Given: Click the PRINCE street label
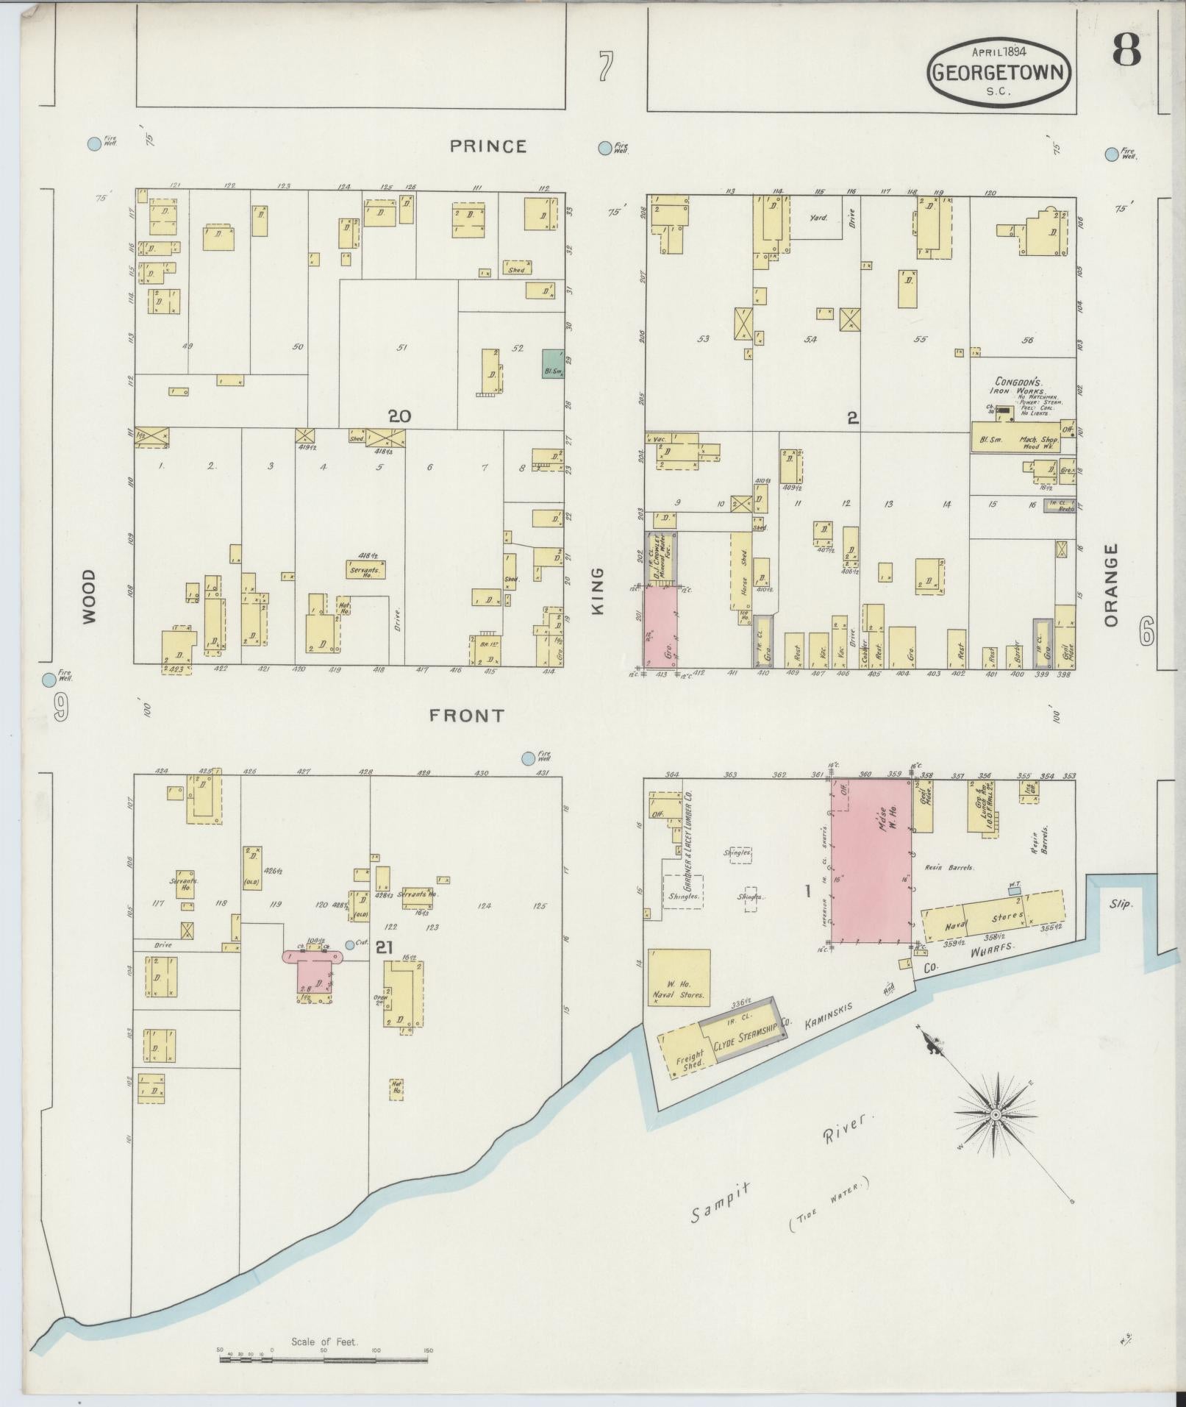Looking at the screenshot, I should point(488,146).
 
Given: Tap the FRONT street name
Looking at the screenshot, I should point(466,715).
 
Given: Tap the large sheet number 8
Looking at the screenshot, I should point(1126,50).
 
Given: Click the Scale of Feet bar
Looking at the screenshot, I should point(324,1360).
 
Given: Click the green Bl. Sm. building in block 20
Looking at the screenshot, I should point(553,364).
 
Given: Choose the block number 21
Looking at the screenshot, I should point(383,948).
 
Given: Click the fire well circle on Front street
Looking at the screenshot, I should point(528,758).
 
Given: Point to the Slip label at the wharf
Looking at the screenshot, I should point(1121,904).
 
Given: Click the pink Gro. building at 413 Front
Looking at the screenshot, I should point(661,625).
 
